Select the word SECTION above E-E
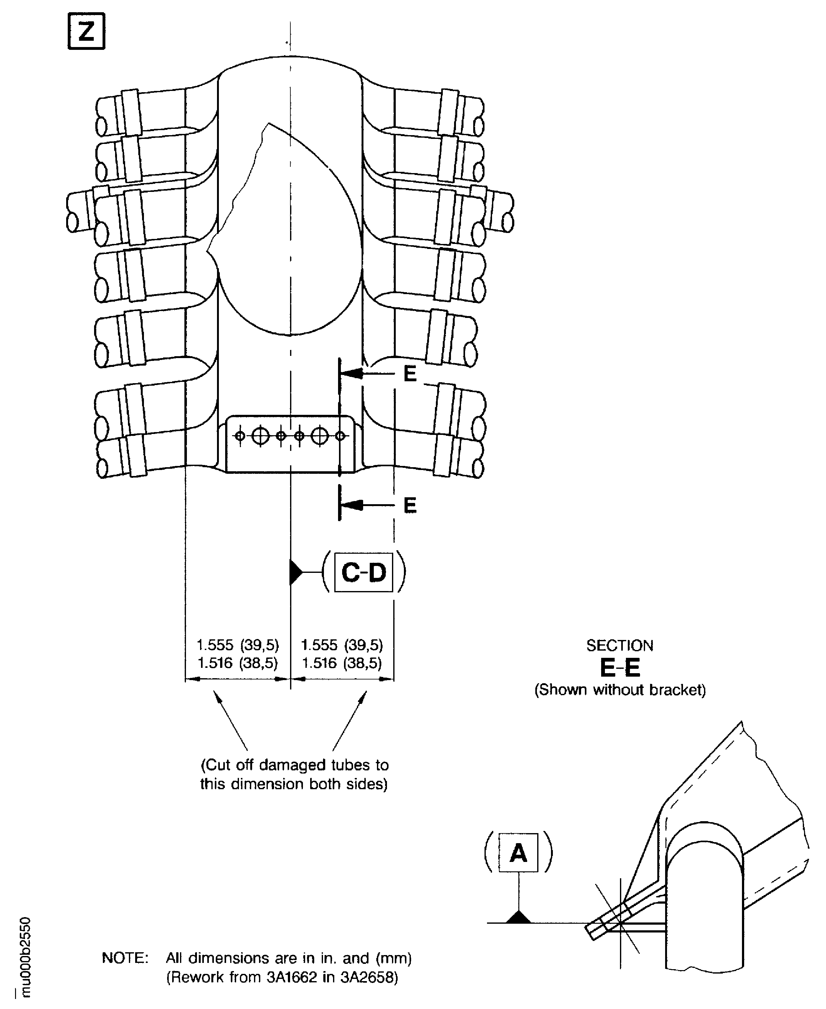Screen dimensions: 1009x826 pos(620,646)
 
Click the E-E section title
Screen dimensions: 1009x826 pos(620,668)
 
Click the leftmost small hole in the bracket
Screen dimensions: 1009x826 pos(240,436)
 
